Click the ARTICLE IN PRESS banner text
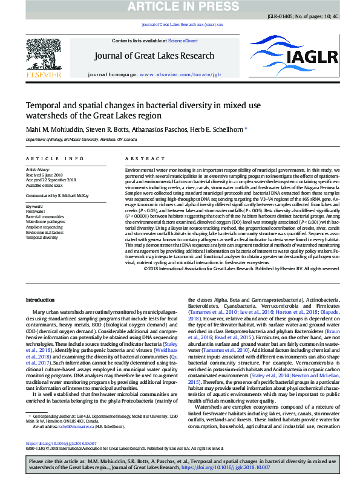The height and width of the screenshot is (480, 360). (180, 7)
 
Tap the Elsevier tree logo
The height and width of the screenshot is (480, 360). (43, 57)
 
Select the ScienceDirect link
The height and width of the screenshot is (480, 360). (183, 41)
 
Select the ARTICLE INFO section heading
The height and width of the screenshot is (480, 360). (54, 158)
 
